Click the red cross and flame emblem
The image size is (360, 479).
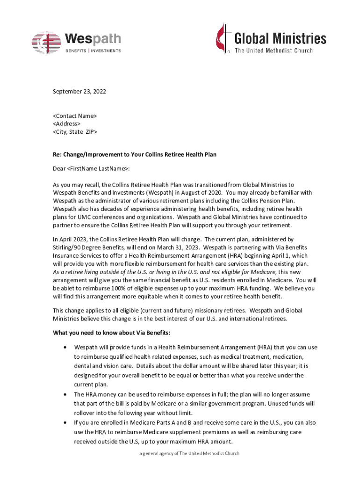pyautogui.click(x=223, y=37)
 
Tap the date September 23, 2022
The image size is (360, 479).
pyautogui.click(x=79, y=92)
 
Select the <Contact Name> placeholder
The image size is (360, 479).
pyautogui.click(x=75, y=115)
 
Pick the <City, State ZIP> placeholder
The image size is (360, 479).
pyautogui.click(x=75, y=132)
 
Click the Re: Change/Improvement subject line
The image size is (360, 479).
pyautogui.click(x=135, y=154)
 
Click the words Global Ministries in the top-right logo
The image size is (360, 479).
pyautogui.click(x=280, y=38)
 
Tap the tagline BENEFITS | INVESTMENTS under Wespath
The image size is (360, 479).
pyautogui.click(x=93, y=51)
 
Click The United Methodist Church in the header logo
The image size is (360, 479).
pyautogui.click(x=274, y=51)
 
